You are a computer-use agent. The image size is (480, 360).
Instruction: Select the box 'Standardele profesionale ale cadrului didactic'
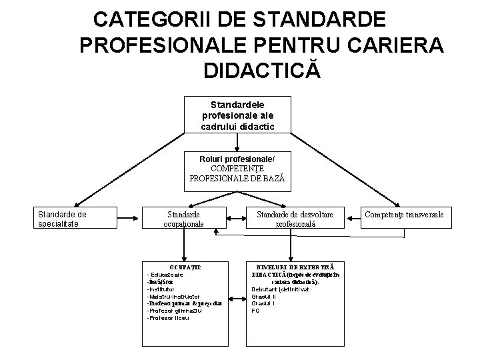[237, 115]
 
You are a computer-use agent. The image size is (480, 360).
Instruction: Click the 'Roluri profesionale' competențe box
[237, 169]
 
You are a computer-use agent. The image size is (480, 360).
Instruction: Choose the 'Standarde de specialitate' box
[63, 219]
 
